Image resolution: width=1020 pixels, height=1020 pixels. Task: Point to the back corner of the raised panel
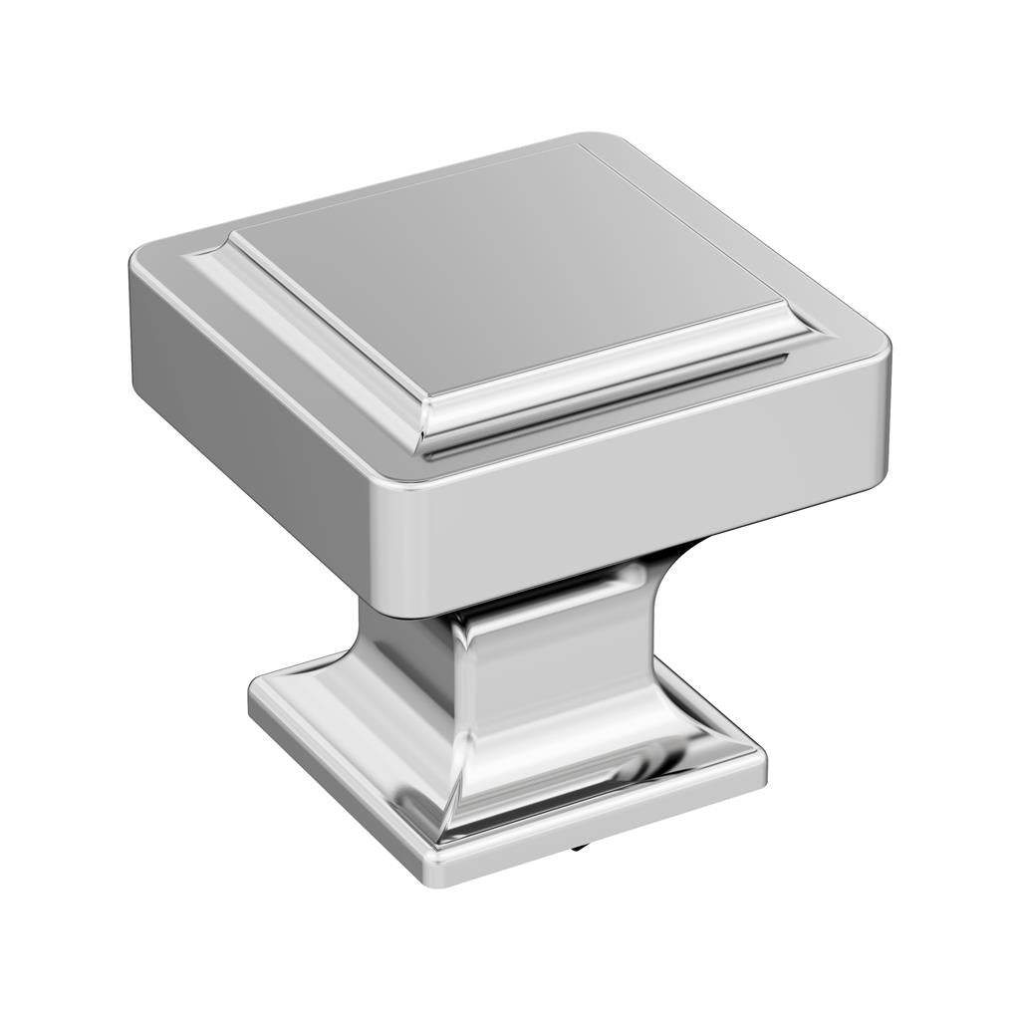click(x=582, y=147)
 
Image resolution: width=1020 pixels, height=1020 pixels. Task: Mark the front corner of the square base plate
click(x=438, y=872)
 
